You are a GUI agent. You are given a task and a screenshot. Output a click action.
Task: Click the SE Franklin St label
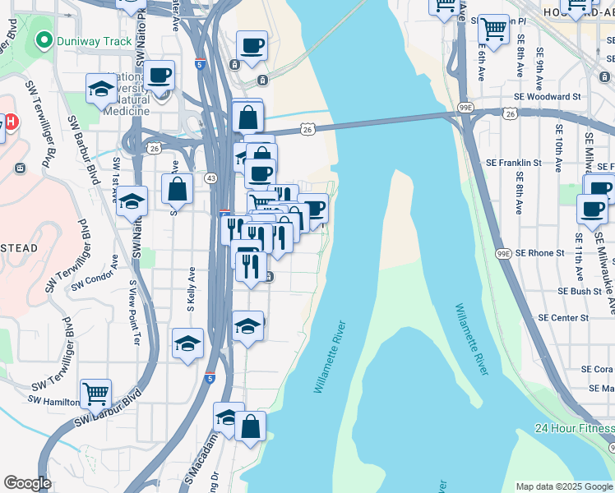514,163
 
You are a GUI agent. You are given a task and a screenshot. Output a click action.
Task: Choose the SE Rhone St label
536,253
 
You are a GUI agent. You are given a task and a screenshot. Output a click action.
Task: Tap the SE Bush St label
580,291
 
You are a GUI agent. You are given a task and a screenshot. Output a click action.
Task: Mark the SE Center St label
563,317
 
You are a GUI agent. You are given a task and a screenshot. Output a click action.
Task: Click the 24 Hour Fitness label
574,428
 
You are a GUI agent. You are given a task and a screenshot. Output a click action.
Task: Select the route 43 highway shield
211,178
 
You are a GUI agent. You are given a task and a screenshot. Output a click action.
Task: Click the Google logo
27,483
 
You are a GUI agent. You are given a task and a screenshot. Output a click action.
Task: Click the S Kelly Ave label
192,288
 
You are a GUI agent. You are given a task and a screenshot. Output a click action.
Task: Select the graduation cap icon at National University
101,89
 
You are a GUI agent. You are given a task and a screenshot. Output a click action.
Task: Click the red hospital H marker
11,123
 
